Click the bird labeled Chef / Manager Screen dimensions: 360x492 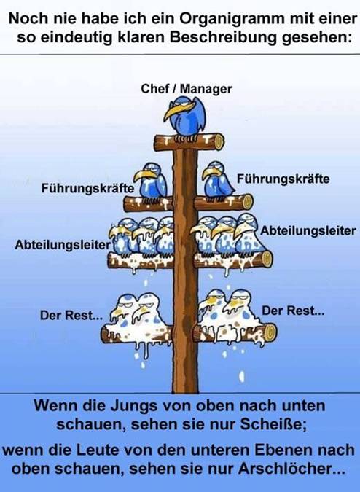185,117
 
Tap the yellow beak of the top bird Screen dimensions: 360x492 178,111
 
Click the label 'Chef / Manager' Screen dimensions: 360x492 187,89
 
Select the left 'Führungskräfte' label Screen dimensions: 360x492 87,189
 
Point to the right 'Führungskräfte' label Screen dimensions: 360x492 283,179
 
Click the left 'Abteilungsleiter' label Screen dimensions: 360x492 63,245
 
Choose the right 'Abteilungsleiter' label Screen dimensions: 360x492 308,231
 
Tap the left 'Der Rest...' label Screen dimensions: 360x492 71,316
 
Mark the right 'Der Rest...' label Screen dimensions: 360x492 293,311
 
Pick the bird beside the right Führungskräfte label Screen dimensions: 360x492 218,180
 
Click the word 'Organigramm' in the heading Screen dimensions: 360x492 232,19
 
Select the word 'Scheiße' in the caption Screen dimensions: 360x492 273,424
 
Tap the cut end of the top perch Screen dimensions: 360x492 219,142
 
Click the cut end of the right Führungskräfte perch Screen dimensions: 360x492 248,202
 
